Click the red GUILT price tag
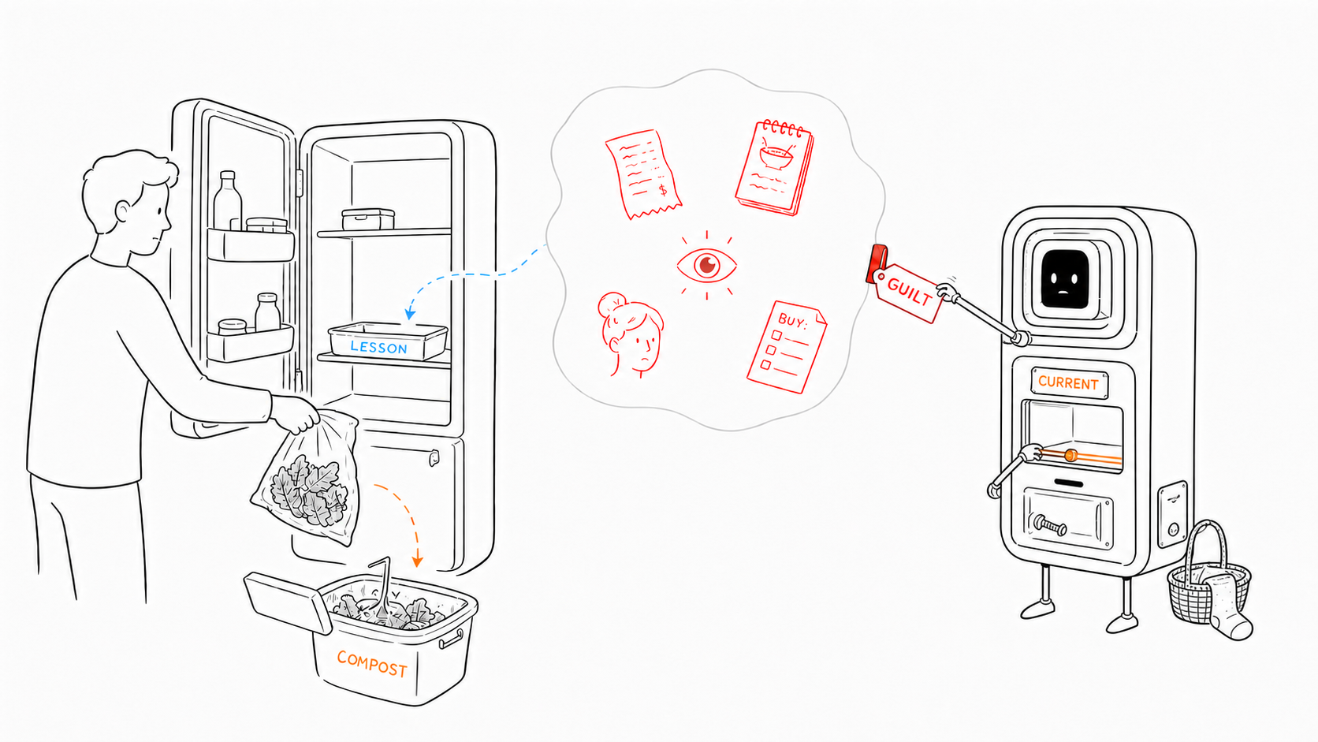tap(907, 291)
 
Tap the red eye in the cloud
tap(706, 266)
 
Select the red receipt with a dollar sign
tap(642, 174)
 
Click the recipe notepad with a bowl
tap(775, 168)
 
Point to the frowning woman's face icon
tap(631, 334)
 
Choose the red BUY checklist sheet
tap(787, 347)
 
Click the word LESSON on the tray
tap(378, 347)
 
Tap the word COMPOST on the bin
tap(372, 664)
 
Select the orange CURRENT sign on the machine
tap(1069, 383)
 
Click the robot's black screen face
tap(1065, 279)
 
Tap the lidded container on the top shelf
tap(368, 219)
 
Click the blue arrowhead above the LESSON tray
tap(410, 314)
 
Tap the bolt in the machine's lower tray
tap(1050, 524)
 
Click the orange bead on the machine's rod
tap(1070, 456)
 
